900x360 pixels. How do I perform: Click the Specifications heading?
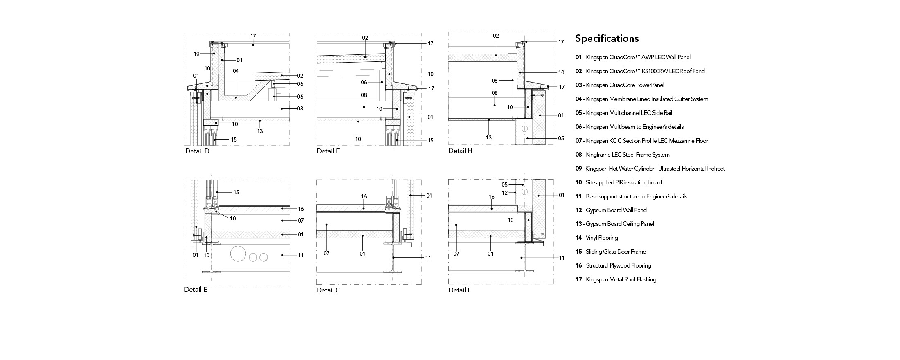click(x=607, y=38)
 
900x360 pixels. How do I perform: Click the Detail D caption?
click(x=197, y=151)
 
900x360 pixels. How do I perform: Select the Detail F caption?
click(x=328, y=151)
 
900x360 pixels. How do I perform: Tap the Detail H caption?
click(x=460, y=151)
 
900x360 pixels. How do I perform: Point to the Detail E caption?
click(x=196, y=290)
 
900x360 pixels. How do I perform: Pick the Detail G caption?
click(x=328, y=290)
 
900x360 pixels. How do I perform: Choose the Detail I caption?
click(x=459, y=290)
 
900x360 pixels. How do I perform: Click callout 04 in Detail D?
click(x=236, y=71)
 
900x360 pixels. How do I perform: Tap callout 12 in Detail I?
click(x=505, y=193)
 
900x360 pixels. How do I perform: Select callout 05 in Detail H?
click(x=561, y=138)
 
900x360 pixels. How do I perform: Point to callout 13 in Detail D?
click(x=260, y=131)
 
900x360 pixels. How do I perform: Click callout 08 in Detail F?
click(x=364, y=95)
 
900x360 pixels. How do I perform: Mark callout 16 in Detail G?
click(x=364, y=197)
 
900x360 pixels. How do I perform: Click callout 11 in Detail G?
click(x=428, y=258)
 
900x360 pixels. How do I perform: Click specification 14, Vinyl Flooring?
click(x=596, y=238)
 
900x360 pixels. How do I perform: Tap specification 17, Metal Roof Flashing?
click(x=616, y=279)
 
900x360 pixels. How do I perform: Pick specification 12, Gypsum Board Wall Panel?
click(x=611, y=210)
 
